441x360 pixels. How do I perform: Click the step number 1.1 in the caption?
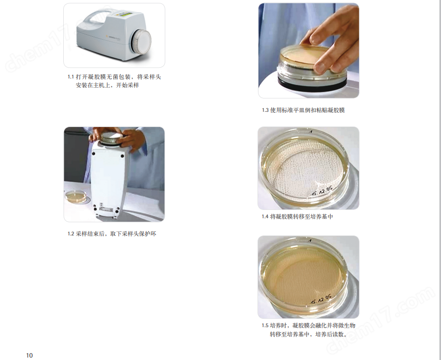coord(71,77)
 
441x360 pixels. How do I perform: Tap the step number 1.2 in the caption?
coord(71,234)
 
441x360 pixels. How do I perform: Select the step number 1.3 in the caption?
coord(265,110)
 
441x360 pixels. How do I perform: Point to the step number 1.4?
coord(265,216)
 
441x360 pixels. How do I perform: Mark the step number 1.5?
coord(265,326)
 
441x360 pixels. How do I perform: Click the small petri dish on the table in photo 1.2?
coord(77,197)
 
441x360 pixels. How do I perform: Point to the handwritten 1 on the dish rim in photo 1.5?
coord(310,241)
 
